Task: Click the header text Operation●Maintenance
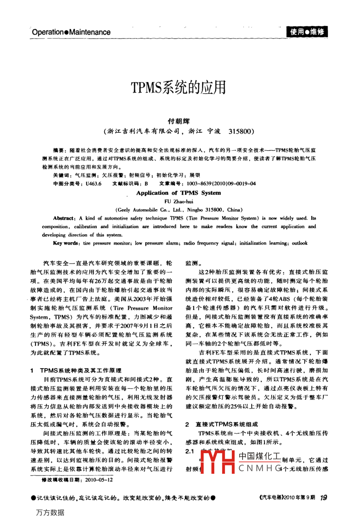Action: pos(71,32)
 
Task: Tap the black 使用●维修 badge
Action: pos(307,32)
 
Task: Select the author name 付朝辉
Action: pos(179,121)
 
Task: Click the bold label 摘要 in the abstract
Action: pos(58,150)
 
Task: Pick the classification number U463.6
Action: pos(94,184)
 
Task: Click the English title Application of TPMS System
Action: pos(178,193)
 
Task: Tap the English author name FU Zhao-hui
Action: pos(179,202)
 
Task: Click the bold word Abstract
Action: pos(64,218)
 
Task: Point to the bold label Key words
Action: pos(65,243)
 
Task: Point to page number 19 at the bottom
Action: pos(323,498)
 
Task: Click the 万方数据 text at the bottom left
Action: pos(50,512)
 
